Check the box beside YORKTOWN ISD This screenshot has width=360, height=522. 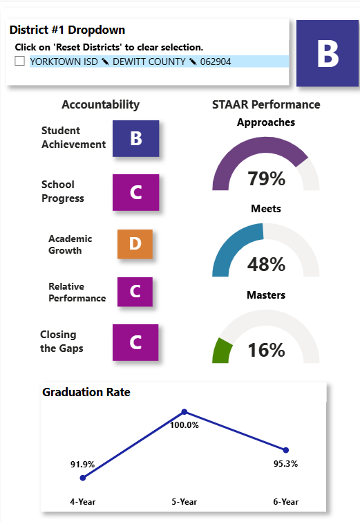click(19, 62)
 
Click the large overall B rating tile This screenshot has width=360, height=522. click(328, 53)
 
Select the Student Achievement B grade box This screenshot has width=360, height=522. click(135, 138)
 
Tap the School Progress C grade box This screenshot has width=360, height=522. click(135, 192)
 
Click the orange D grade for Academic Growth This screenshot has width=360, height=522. click(135, 244)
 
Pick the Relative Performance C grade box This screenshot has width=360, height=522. click(135, 292)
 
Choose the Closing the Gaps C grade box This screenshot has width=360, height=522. click(135, 342)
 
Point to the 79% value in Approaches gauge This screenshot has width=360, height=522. click(266, 178)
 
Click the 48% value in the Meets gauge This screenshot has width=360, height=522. click(266, 264)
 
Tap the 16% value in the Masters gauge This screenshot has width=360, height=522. click(266, 351)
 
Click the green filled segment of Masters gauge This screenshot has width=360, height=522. click(222, 351)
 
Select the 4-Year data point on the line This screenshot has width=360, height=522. click(83, 478)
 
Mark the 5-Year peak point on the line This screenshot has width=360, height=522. click(184, 412)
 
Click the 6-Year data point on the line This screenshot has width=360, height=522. click(286, 450)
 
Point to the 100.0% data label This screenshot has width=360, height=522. click(184, 425)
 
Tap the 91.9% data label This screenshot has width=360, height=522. click(82, 465)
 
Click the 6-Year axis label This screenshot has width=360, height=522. click(286, 502)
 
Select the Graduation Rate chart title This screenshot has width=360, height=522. click(86, 392)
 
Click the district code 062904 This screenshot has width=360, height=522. click(216, 62)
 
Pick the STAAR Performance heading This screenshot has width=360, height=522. click(266, 104)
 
